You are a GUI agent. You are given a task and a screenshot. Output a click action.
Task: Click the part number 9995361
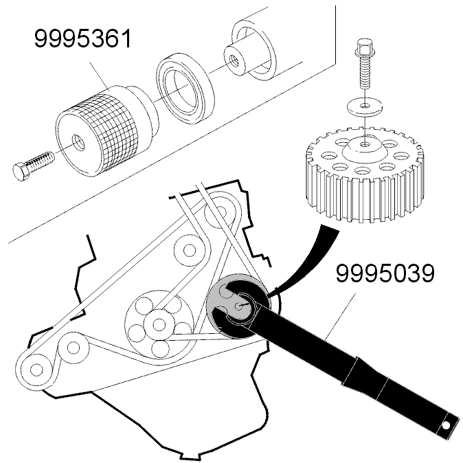pyautogui.click(x=82, y=38)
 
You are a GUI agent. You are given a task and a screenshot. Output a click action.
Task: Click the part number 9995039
pyautogui.click(x=385, y=273)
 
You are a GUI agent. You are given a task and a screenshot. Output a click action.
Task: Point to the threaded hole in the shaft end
pyautogui.click(x=233, y=61)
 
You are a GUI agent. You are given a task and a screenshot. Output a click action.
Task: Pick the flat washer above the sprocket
pyautogui.click(x=365, y=105)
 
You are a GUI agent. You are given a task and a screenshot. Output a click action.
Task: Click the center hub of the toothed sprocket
pyautogui.click(x=365, y=150)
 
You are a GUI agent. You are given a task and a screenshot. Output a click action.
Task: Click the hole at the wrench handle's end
pyautogui.click(x=446, y=425)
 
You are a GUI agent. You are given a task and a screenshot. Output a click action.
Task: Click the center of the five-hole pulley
pyautogui.click(x=159, y=324)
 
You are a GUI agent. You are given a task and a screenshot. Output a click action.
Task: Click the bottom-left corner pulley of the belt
pyautogui.click(x=37, y=370)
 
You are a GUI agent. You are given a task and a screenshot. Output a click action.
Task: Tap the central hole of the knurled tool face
pyautogui.click(x=79, y=142)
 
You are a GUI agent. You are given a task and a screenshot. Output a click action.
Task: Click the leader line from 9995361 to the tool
pyautogui.click(x=100, y=75)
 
